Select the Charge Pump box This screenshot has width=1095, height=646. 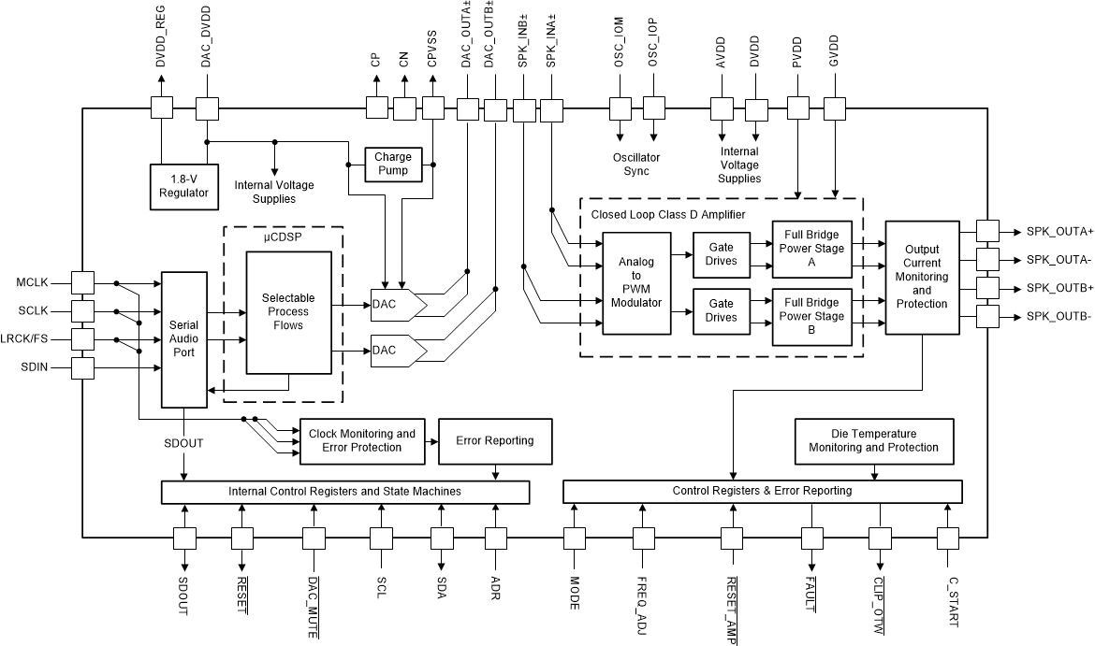pos(393,164)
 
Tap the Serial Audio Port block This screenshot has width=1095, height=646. pos(184,339)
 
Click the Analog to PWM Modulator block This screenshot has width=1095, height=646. pos(636,283)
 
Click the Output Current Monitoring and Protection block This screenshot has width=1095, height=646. pos(922,277)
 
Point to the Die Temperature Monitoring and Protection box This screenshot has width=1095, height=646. pos(873,440)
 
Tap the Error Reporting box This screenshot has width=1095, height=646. pos(494,440)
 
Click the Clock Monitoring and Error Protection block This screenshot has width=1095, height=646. pos(361,440)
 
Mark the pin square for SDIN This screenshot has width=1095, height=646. pos(83,368)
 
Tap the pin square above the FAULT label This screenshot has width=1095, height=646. pos(811,538)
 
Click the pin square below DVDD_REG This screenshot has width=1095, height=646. pos(163,108)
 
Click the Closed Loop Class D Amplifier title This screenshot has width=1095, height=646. pos(668,214)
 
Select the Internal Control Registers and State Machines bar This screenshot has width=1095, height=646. pos(345,491)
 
